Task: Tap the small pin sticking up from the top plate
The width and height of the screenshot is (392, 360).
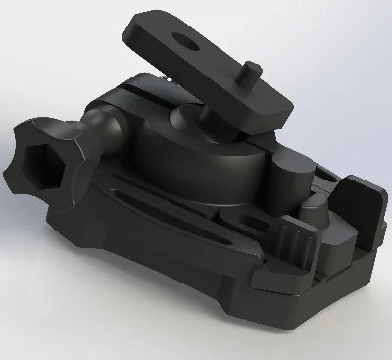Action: pyautogui.click(x=251, y=72)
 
